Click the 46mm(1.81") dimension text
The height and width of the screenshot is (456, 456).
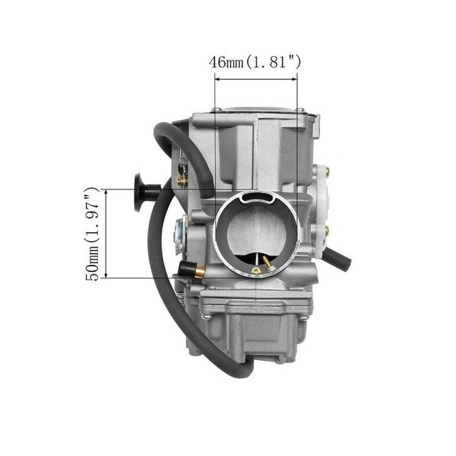[255, 62]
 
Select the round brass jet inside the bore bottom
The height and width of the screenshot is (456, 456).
[256, 271]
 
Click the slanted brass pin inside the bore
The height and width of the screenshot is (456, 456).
[267, 262]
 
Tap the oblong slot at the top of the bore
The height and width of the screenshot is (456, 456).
[256, 197]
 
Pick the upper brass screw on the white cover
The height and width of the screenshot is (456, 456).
[327, 171]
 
